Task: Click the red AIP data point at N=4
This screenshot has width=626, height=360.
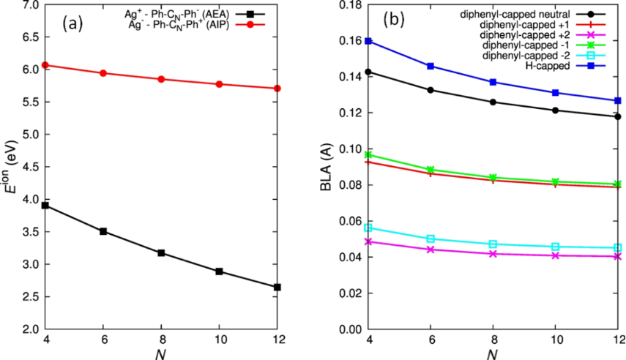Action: (x=45, y=65)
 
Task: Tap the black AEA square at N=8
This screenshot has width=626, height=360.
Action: (x=161, y=253)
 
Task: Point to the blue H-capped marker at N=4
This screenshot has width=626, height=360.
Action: (x=368, y=41)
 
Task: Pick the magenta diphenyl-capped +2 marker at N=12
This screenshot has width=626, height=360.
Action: (x=617, y=257)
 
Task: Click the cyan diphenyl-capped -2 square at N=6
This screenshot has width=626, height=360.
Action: (x=431, y=239)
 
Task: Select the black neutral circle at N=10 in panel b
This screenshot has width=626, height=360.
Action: (x=555, y=110)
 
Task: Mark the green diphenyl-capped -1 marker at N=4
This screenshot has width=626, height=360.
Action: (x=368, y=154)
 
